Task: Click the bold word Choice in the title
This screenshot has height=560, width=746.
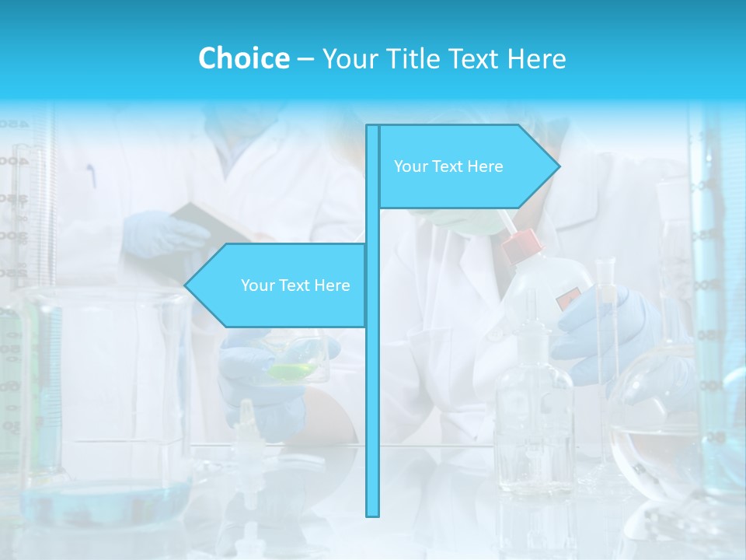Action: click(243, 58)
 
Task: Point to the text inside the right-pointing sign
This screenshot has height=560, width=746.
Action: click(448, 166)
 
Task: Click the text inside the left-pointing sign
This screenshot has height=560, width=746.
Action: click(295, 285)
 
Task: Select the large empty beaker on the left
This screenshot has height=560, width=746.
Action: click(105, 381)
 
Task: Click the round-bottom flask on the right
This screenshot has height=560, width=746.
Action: click(653, 428)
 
